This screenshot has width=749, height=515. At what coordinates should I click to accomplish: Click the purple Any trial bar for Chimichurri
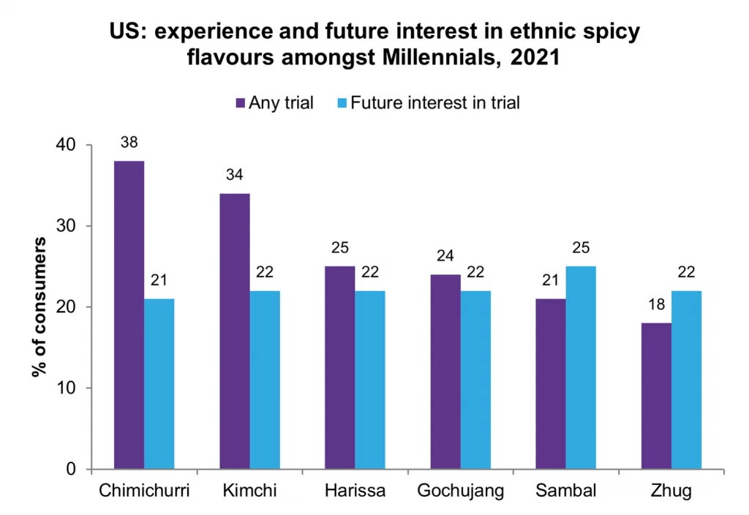(129, 315)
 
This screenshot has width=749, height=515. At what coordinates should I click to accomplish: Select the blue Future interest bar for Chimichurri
(159, 383)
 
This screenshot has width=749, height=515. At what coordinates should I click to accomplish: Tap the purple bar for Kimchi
(235, 331)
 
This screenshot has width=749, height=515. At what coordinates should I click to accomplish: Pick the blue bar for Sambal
(581, 367)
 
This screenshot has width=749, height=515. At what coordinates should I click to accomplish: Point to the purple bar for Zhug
(656, 396)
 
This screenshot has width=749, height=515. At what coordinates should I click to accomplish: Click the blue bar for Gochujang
(475, 380)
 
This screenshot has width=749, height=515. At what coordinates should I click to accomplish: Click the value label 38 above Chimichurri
(129, 143)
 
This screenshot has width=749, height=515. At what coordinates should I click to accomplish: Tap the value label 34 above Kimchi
(235, 176)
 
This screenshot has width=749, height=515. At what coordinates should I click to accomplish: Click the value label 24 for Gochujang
(445, 257)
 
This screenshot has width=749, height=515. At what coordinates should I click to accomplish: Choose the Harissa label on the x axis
(355, 490)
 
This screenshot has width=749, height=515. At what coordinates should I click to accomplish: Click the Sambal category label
(565, 490)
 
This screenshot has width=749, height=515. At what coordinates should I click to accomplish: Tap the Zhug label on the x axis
(671, 490)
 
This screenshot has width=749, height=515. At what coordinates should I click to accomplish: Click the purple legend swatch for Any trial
(240, 103)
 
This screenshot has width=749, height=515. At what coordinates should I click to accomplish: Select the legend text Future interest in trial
(435, 103)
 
